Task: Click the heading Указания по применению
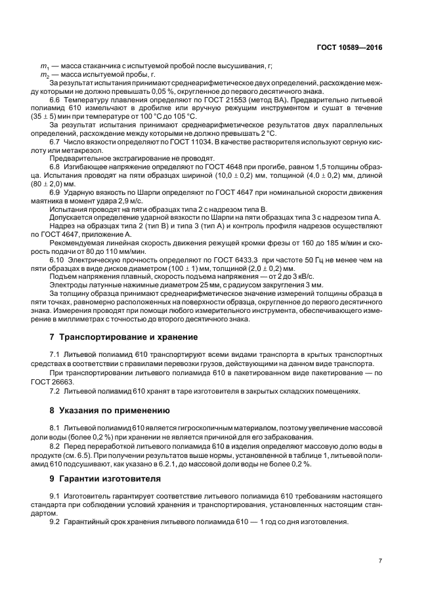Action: click(110, 411)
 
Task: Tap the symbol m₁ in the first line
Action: click(44, 66)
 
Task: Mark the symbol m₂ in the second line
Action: click(44, 74)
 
